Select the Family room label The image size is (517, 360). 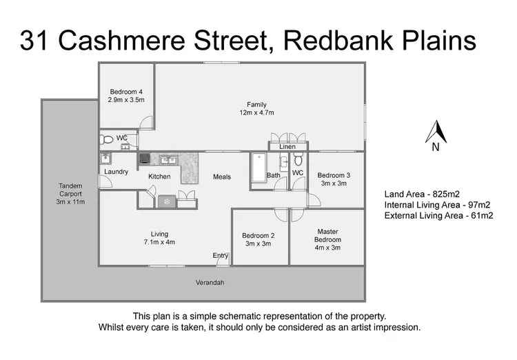coord(257,108)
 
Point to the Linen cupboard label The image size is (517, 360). coord(287,147)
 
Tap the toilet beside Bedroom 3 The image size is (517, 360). coord(298,161)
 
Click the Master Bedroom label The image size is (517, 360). coord(327,236)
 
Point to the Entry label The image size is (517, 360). coord(220,255)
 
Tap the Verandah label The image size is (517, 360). coord(210,283)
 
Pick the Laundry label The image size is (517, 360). coord(116,172)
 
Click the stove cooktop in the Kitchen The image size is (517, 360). coord(145,159)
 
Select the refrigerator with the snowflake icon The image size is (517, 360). coord(165,201)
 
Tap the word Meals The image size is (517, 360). coord(221,177)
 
